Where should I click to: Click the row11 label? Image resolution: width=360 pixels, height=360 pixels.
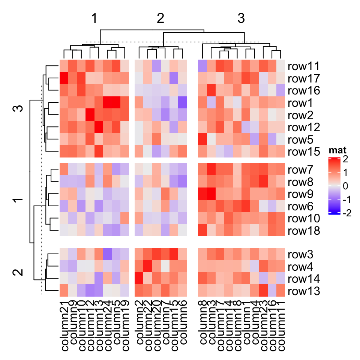(303, 67)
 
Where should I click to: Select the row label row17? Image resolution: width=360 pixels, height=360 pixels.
(303, 79)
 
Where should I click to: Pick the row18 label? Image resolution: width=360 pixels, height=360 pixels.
(303, 231)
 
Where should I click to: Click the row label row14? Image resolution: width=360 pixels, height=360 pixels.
(303, 279)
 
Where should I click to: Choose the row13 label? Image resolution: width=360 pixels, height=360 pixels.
(303, 291)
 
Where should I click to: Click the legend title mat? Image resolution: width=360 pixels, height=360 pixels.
(337, 151)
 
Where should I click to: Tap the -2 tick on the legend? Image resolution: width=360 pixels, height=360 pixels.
(347, 213)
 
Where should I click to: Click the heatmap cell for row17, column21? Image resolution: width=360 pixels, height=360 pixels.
(64, 79)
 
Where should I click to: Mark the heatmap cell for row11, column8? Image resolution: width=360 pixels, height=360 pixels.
(203, 67)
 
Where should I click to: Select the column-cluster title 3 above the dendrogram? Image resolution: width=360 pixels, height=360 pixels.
(241, 19)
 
